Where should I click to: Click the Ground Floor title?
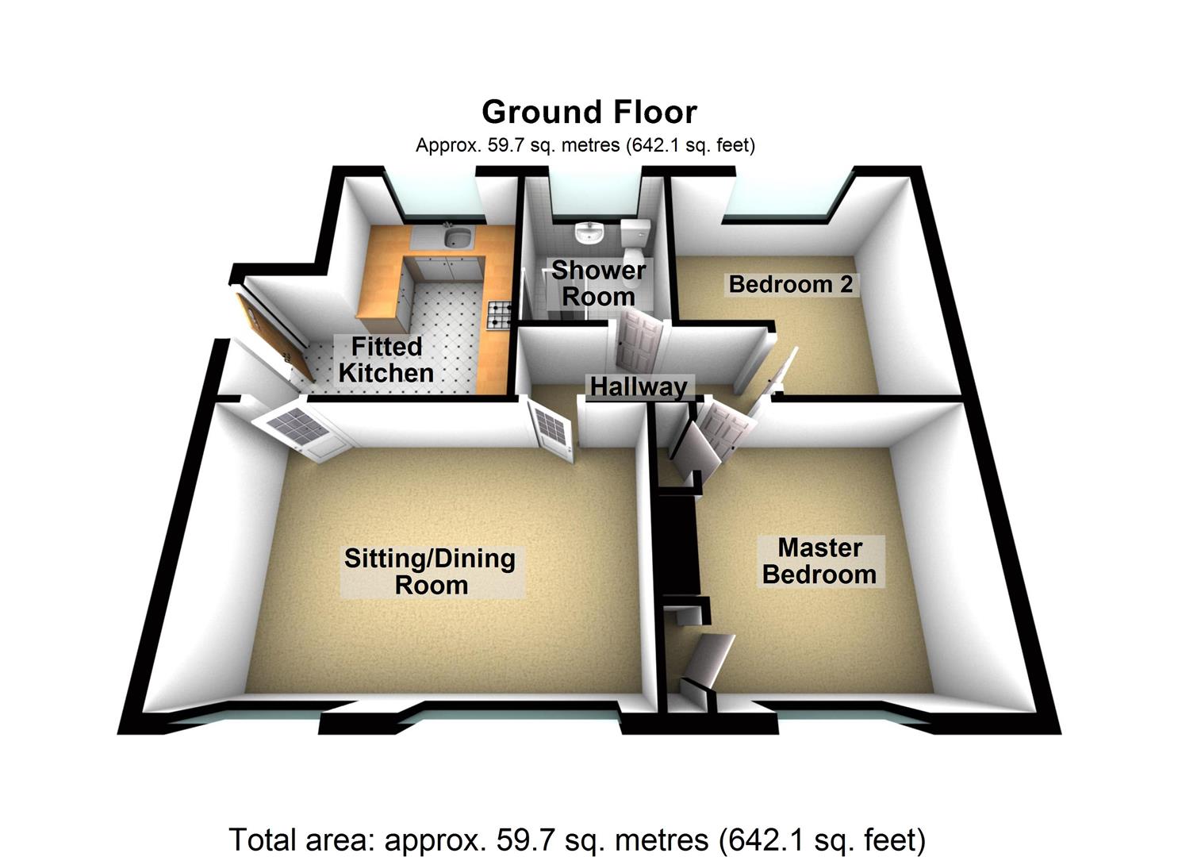click(589, 112)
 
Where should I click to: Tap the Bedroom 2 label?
click(790, 285)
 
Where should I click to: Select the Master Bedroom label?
click(819, 561)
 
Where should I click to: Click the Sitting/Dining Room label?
click(430, 572)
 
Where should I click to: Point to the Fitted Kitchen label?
click(386, 359)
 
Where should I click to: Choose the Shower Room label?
click(598, 283)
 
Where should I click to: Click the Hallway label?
click(639, 387)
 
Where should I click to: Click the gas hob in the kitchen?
click(499, 314)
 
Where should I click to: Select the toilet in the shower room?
click(635, 241)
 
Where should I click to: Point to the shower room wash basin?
click(590, 233)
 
